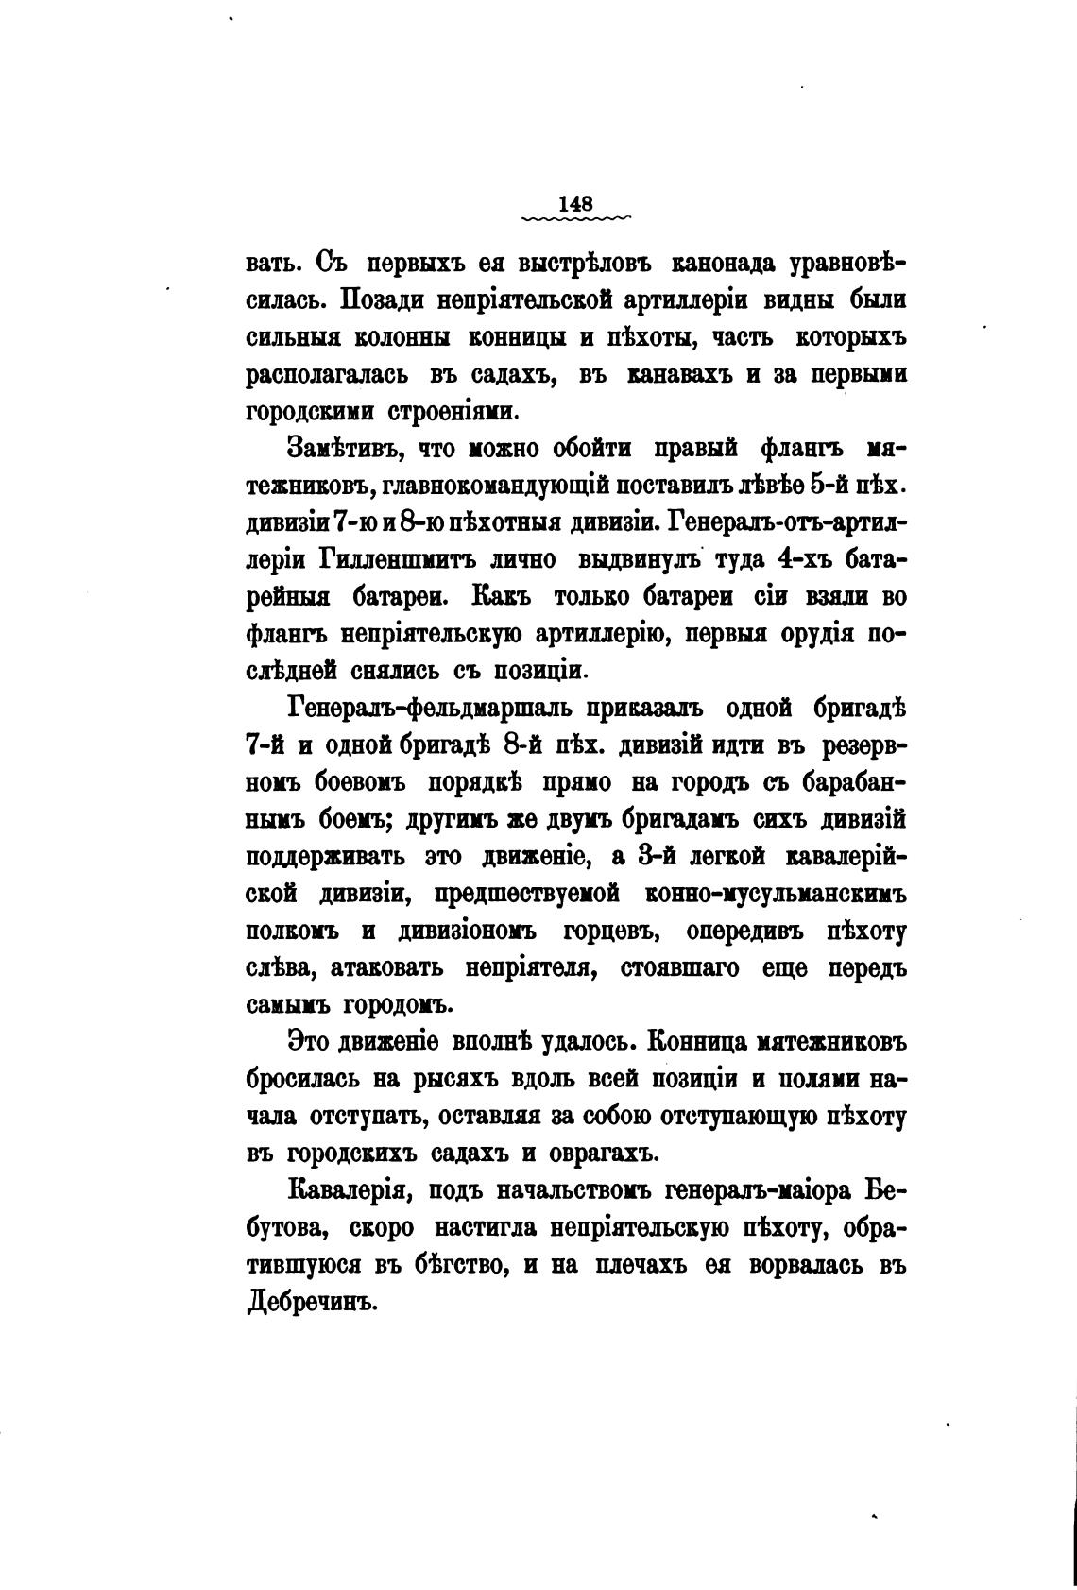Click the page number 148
click(575, 202)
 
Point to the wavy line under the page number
click(575, 219)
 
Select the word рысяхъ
click(457, 1079)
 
